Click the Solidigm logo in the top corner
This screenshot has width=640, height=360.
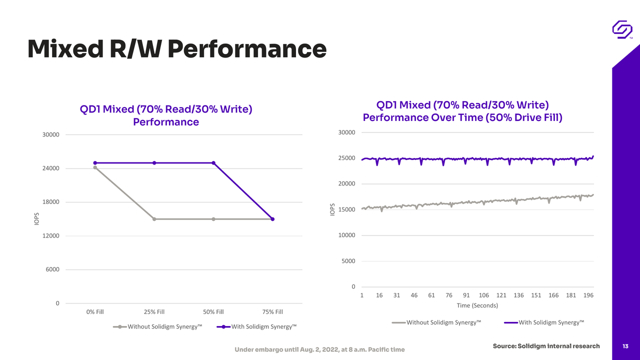[622, 29]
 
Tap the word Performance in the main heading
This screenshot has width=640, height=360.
[247, 49]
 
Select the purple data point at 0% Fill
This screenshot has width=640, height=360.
[95, 163]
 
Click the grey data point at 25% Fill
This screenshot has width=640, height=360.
[154, 219]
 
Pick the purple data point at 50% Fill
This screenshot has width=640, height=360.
[213, 163]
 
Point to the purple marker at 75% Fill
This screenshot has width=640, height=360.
[272, 219]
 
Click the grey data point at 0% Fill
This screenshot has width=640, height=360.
[95, 167]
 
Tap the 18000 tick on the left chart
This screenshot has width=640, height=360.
[51, 202]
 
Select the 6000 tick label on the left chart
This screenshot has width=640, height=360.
[52, 269]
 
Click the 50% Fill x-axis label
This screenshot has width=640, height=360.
[213, 311]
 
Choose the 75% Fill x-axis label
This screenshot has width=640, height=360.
[272, 311]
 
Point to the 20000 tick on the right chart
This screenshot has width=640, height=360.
[347, 183]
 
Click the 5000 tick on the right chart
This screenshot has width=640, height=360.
[348, 261]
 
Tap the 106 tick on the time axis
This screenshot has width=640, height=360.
[483, 295]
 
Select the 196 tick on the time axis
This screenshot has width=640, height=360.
[588, 295]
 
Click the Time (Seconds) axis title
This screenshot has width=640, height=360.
[477, 305]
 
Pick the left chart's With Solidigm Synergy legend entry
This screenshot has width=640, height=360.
[256, 326]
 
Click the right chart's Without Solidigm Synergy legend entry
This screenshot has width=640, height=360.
[436, 322]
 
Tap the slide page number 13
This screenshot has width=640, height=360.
[625, 346]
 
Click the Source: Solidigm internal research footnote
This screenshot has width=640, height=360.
[546, 346]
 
